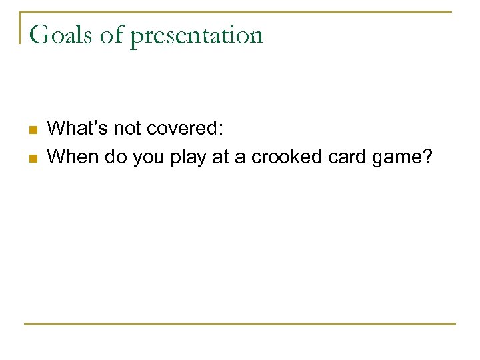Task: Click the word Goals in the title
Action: tap(61, 34)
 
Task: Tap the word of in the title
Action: tap(112, 34)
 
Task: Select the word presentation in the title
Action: tap(197, 35)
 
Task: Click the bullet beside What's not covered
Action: tap(33, 128)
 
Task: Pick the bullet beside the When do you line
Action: tap(33, 157)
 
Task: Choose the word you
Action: tap(143, 157)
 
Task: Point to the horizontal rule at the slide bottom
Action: tap(240, 324)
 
